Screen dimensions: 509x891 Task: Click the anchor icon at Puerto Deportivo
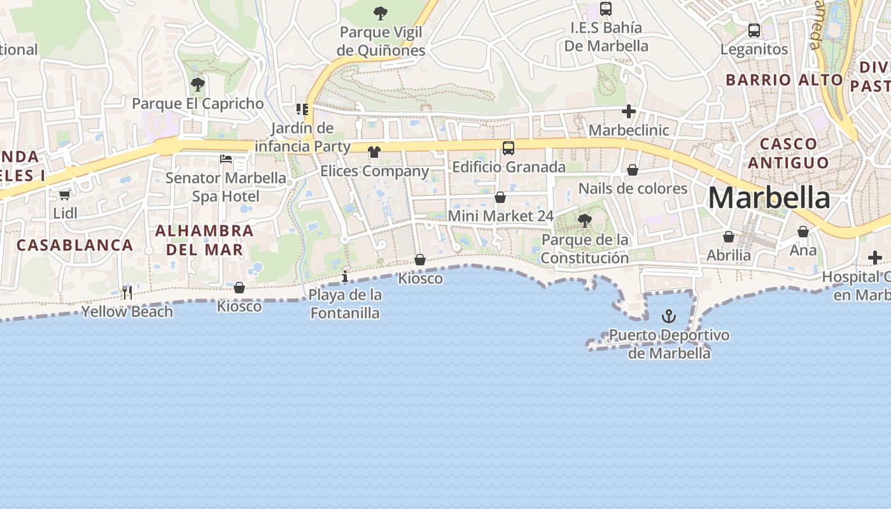coord(669,316)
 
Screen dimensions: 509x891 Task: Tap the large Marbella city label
coord(769,198)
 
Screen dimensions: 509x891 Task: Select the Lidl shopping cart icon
coord(64,195)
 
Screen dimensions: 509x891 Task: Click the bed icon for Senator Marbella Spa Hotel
coord(226,158)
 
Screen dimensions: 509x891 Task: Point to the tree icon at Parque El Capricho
coord(198,84)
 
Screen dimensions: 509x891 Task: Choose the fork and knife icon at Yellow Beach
coord(127,292)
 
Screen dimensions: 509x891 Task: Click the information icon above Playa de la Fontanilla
coord(345,276)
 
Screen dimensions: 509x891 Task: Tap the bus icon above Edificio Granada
coord(508,148)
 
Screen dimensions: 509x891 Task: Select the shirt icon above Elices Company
coord(374,152)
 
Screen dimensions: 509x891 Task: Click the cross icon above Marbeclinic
coord(629,112)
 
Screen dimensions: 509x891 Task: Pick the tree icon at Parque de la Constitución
coord(584,221)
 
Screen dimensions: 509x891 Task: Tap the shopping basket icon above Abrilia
coord(729,237)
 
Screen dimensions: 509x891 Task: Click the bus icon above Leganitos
coord(754,30)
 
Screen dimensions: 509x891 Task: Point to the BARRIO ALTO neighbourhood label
coord(784,80)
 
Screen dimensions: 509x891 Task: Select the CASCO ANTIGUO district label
coord(789,153)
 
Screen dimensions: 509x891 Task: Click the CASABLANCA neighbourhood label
coord(75,245)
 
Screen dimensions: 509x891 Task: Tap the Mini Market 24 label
coord(501,216)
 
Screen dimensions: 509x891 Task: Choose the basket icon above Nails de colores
coord(633,170)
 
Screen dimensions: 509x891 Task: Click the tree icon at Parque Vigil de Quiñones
coord(381,13)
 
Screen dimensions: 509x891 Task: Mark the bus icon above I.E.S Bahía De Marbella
coord(606,9)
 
